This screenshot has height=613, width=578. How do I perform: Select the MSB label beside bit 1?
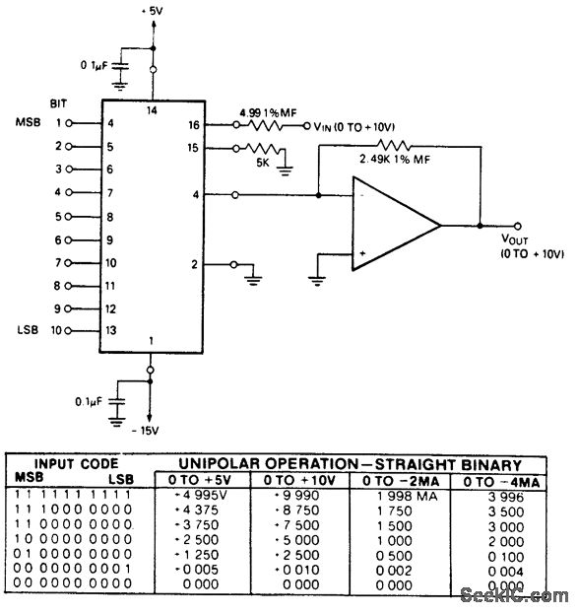point(28,123)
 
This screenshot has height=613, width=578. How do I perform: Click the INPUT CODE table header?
point(77,463)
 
